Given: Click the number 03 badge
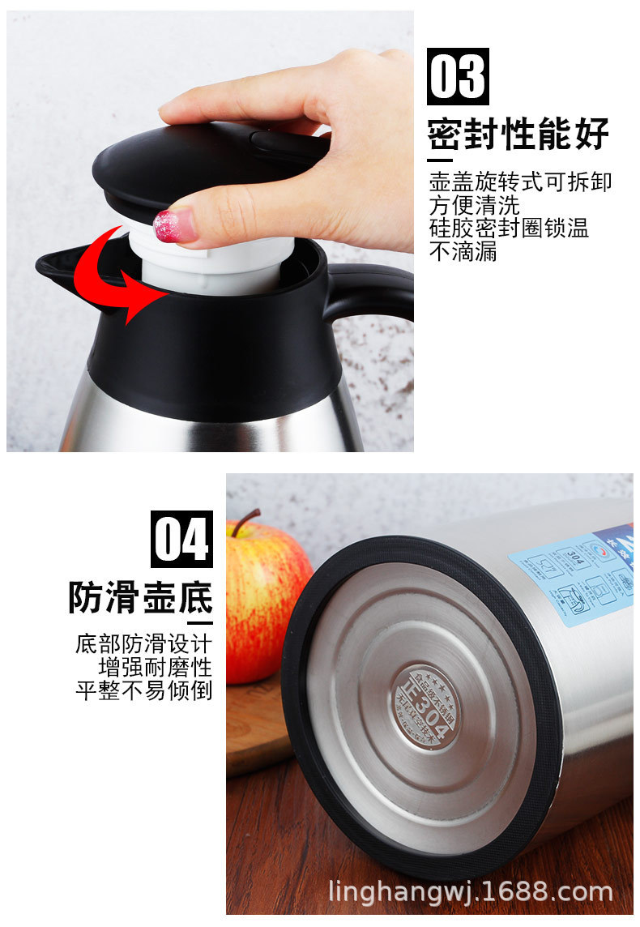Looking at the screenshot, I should click(458, 76).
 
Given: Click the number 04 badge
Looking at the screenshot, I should click(182, 539).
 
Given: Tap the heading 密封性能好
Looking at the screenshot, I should click(518, 135).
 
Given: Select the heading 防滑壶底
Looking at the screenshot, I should click(140, 597).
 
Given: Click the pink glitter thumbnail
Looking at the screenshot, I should click(173, 224).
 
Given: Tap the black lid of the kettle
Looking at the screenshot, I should click(203, 162).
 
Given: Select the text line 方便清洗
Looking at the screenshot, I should click(474, 205).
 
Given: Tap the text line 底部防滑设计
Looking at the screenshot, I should click(143, 645).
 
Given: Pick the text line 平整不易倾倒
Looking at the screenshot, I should click(143, 691).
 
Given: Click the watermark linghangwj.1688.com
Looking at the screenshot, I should click(470, 892).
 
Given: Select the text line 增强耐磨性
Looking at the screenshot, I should click(155, 668).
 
